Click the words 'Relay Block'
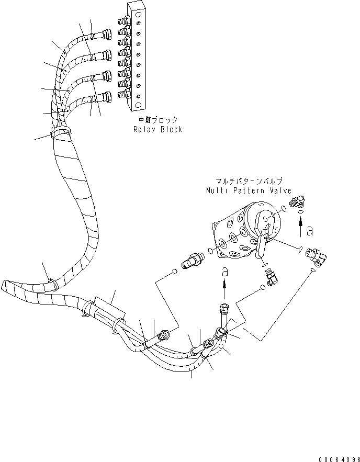coord(157,129)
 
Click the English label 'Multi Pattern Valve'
coord(249,191)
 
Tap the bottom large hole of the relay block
coord(137,105)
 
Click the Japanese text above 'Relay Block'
coord(157,120)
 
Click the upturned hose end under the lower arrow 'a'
coord(225,309)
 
